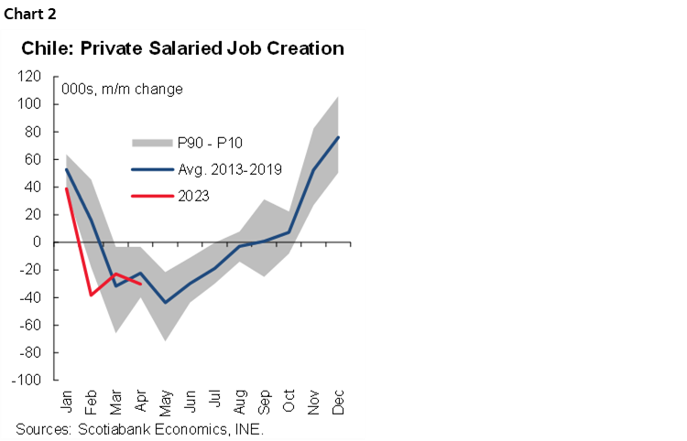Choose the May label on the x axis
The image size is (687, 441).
click(x=165, y=403)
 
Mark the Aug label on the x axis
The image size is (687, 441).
click(x=239, y=403)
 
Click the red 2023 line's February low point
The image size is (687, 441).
click(x=91, y=295)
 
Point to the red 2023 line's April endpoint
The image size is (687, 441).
click(x=140, y=283)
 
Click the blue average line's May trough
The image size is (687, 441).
click(x=165, y=302)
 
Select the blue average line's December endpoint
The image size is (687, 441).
click(x=339, y=137)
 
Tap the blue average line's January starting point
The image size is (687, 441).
click(x=66, y=169)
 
